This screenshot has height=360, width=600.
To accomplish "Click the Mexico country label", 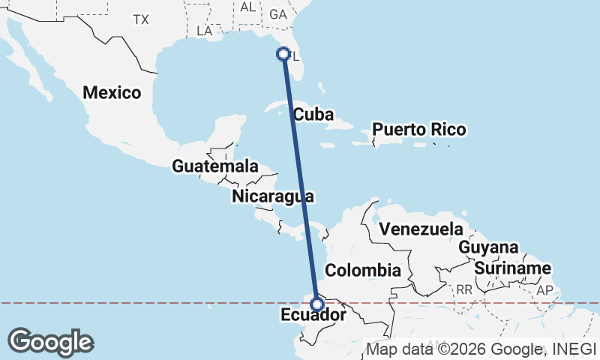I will (x=112, y=93).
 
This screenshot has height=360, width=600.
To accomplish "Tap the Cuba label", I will (x=313, y=115).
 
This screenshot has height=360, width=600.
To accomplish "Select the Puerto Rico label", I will (x=419, y=130).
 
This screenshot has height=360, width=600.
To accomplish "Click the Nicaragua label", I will (x=272, y=196).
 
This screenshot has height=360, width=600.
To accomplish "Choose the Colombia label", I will (x=363, y=270).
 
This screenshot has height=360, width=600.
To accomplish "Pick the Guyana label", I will (x=488, y=247).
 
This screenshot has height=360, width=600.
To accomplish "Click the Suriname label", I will (x=513, y=268).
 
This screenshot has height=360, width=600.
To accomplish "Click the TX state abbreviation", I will (x=141, y=19).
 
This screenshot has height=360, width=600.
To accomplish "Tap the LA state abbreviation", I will (x=205, y=31).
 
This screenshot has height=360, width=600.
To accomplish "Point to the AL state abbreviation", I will (x=248, y=7).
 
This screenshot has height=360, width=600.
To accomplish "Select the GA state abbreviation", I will (x=278, y=14).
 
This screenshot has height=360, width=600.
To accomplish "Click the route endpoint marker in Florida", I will (x=283, y=53).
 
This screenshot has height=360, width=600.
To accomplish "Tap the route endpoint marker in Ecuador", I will (x=317, y=304).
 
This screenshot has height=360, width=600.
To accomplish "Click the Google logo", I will (x=50, y=341).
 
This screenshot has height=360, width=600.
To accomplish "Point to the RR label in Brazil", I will (x=464, y=289).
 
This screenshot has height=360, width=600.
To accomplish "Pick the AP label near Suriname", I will (x=544, y=289).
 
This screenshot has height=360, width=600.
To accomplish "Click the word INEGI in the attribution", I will (x=573, y=349).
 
